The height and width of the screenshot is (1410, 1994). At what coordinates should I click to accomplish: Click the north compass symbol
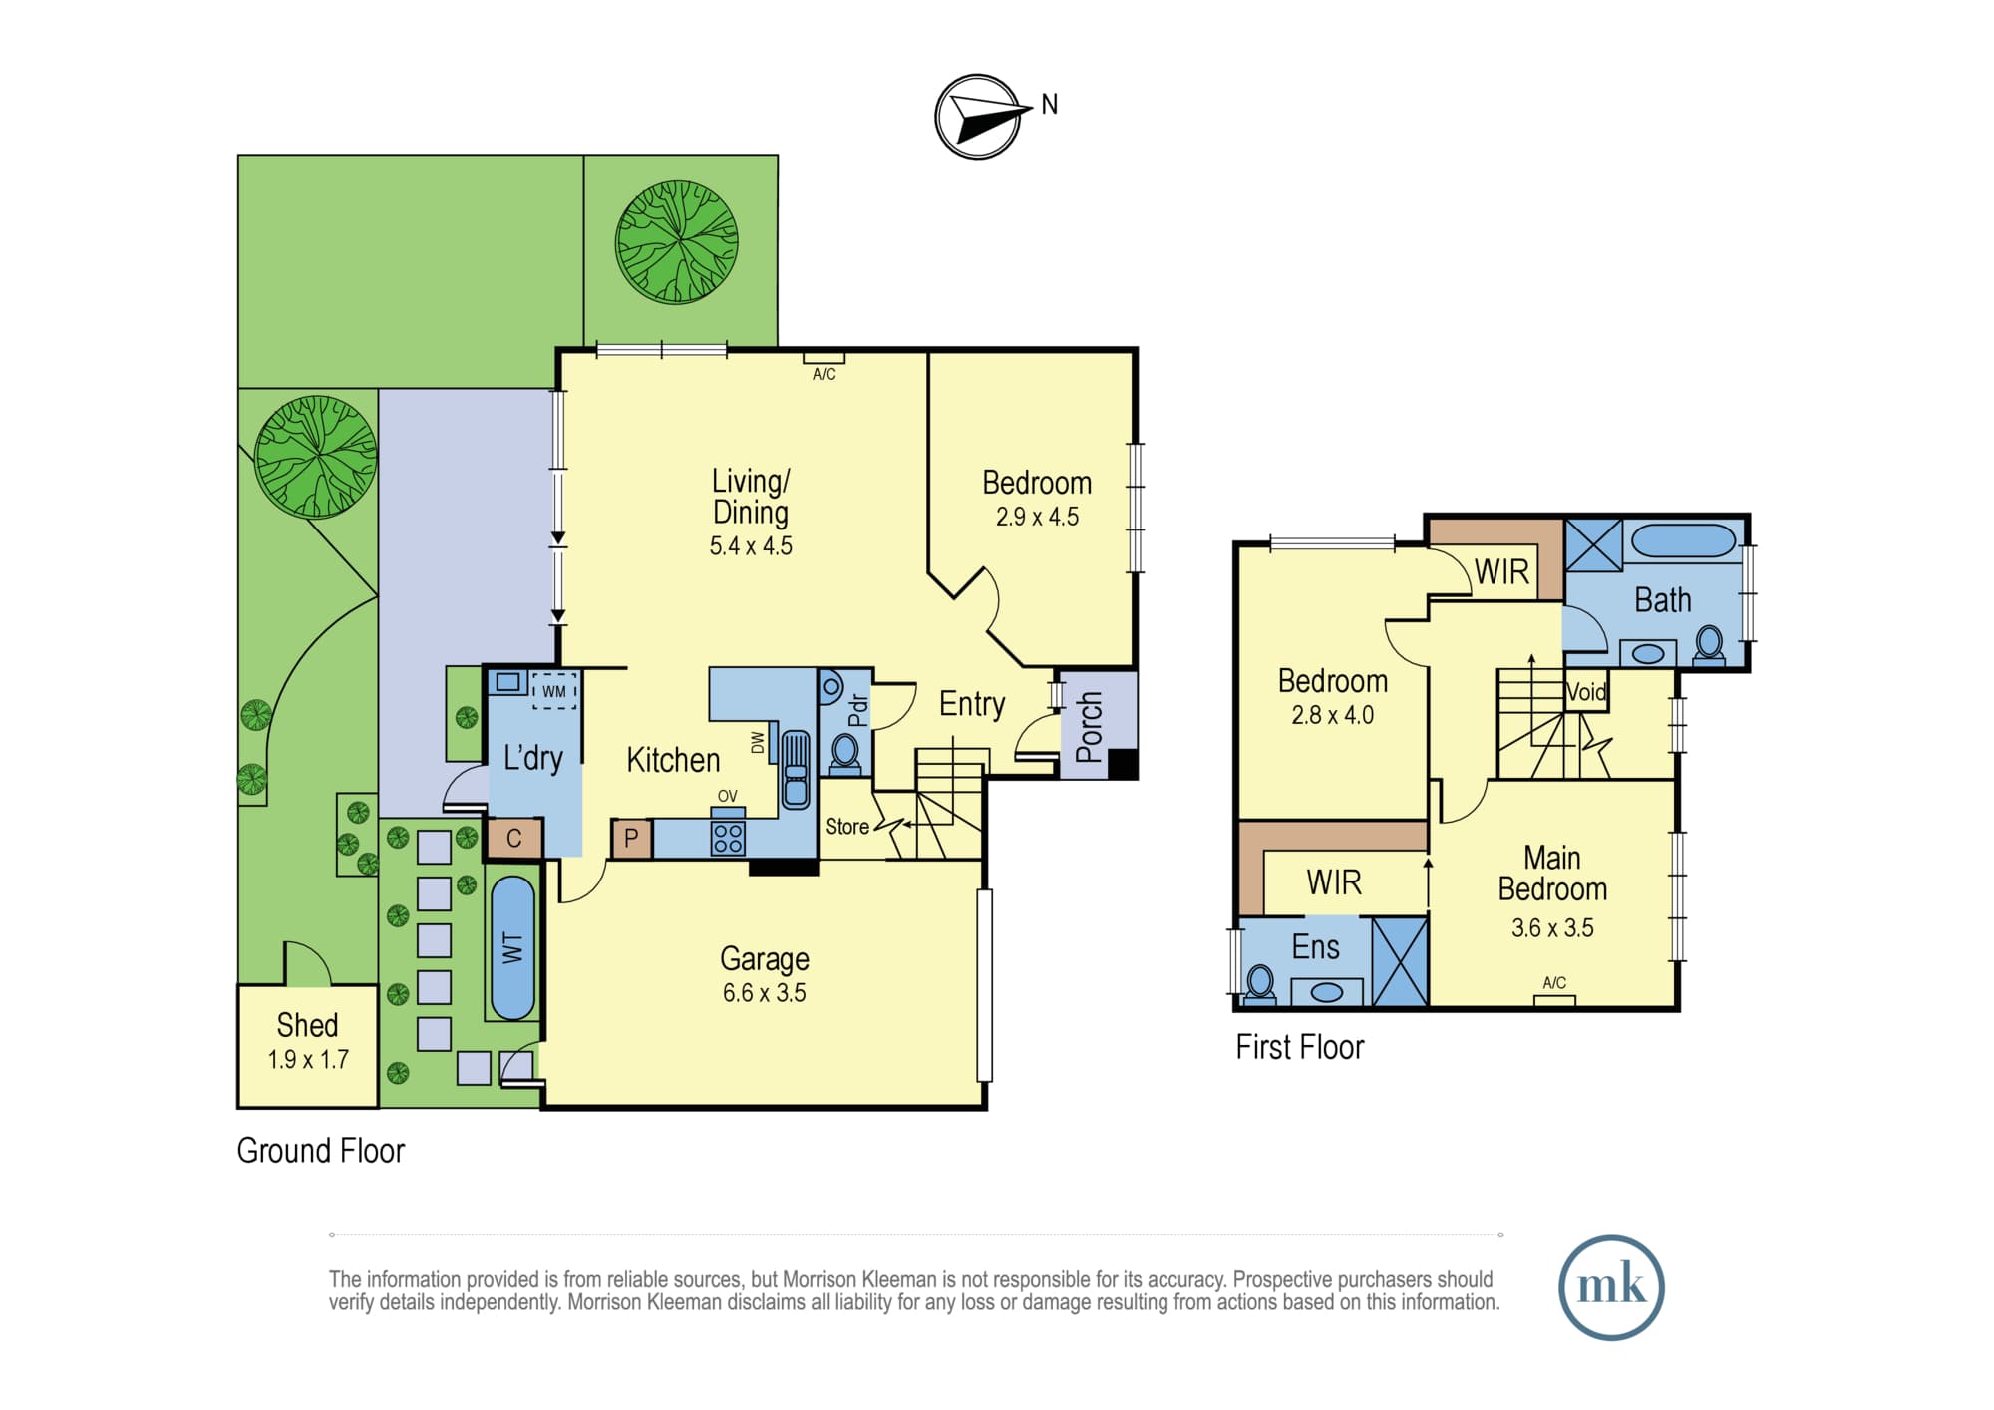point(979,117)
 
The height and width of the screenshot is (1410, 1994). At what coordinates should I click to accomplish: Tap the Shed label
point(307,1025)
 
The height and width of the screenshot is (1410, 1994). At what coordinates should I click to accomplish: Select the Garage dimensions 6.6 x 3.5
point(765,993)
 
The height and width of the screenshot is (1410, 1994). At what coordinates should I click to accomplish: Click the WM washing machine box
point(554,691)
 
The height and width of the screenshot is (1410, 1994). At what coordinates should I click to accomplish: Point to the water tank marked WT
point(513,947)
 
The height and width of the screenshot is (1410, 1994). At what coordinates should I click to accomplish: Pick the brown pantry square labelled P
point(631,839)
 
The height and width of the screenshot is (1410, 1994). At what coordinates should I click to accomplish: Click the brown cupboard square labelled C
point(514,838)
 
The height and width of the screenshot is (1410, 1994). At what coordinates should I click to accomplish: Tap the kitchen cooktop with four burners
point(728,838)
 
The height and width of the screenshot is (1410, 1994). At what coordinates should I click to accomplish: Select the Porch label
point(1090,727)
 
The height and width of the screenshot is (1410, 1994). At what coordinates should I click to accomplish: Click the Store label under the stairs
point(846,827)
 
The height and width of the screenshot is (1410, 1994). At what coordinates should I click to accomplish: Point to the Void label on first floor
point(1586,692)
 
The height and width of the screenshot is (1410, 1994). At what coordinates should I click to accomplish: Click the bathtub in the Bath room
point(1684,541)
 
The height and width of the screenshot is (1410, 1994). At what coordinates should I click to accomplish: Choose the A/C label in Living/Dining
point(825,374)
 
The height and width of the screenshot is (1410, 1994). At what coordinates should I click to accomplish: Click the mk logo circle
point(1611,1287)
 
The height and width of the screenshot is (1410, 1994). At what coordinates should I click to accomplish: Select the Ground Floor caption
point(321,1151)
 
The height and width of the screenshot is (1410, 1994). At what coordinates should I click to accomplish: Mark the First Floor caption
point(1300,1047)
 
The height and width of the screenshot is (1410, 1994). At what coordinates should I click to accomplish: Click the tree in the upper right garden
point(677,241)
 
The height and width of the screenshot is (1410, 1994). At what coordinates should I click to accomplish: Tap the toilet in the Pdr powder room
point(845,753)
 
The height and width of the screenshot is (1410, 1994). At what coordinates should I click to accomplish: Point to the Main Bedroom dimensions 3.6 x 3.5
point(1552,928)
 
